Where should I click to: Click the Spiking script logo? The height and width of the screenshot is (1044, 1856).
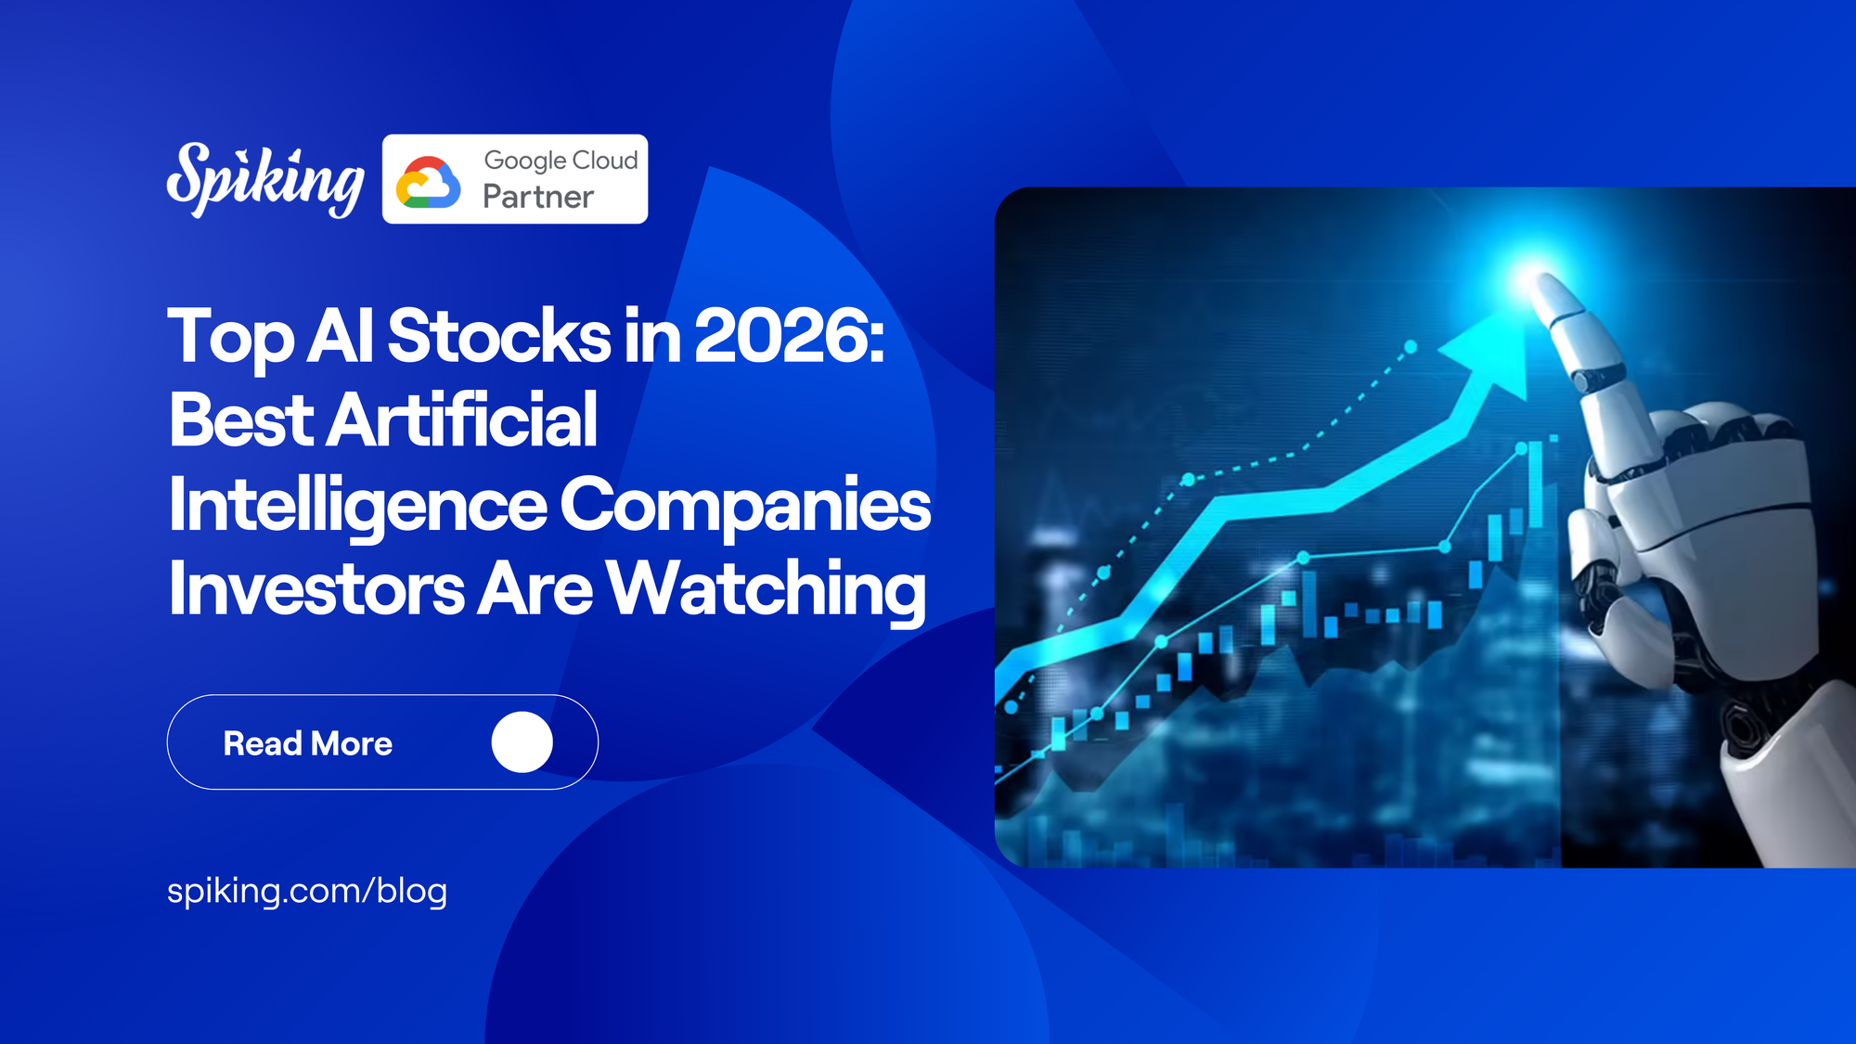[264, 180]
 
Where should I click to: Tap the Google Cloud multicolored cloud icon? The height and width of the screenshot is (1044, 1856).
[428, 182]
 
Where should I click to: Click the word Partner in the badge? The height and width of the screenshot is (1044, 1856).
[538, 197]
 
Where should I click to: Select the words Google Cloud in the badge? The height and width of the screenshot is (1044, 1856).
[561, 160]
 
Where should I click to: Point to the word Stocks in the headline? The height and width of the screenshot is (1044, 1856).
[498, 336]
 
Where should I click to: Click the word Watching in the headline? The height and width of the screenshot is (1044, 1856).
[766, 588]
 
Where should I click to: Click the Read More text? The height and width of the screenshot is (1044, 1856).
[307, 743]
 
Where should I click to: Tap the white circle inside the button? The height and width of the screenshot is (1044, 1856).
[522, 742]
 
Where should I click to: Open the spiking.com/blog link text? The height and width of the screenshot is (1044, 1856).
[307, 891]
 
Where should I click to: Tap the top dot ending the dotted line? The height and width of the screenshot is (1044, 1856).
[1411, 346]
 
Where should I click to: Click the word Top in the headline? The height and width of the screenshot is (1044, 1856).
[230, 336]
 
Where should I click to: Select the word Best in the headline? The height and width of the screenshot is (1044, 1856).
[242, 419]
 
